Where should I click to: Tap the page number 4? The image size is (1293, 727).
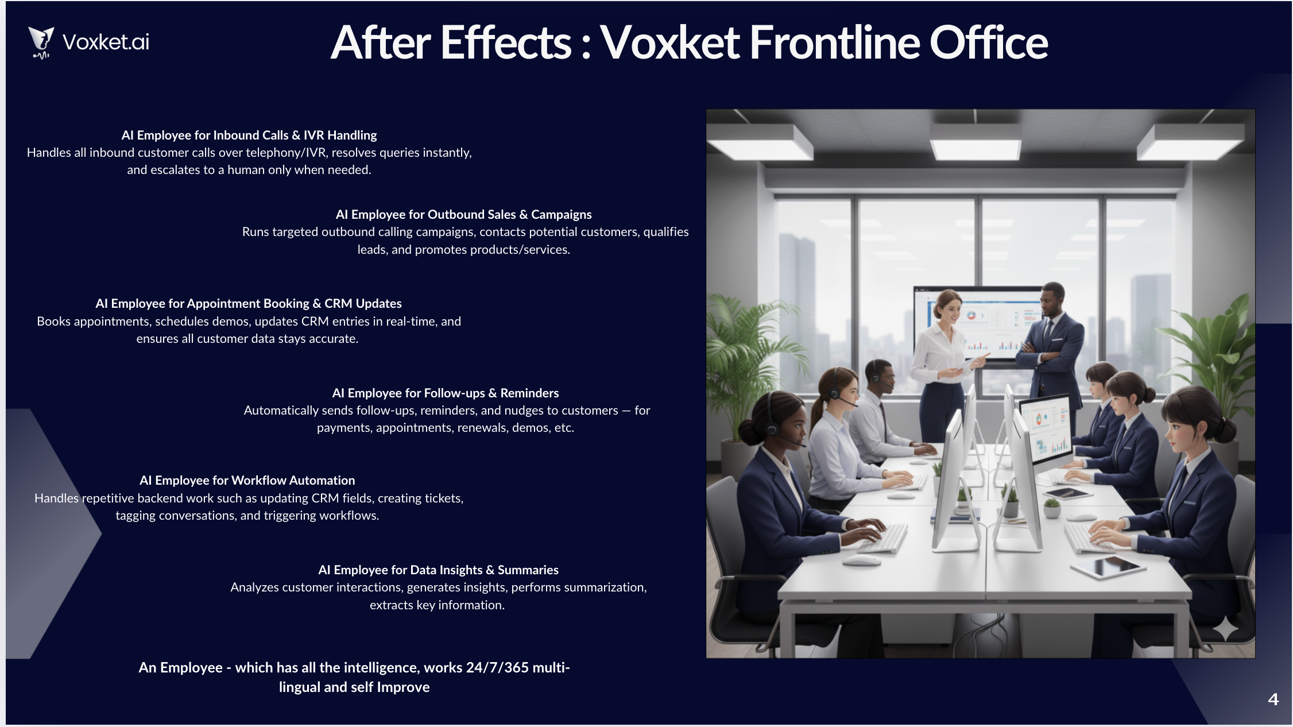(x=1273, y=699)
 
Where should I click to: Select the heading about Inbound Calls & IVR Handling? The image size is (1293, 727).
(x=249, y=136)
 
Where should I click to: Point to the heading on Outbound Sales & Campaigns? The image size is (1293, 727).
(x=463, y=215)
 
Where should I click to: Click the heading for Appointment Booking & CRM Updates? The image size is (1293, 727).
(x=248, y=304)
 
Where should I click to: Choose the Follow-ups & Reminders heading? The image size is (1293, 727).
(x=445, y=393)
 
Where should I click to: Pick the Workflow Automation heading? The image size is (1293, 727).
(x=247, y=481)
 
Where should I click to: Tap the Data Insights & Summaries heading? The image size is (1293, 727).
(x=438, y=570)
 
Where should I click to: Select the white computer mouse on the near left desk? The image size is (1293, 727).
(x=862, y=559)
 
